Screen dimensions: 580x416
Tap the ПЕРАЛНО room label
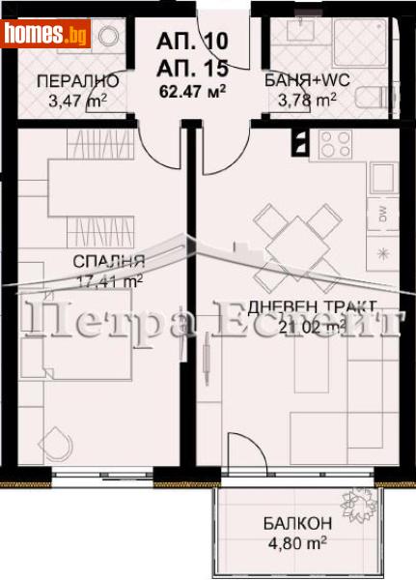click(77, 81)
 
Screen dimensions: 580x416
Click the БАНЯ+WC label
click(301, 81)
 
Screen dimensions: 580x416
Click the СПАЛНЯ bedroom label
click(107, 261)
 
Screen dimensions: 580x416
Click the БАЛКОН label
click(297, 523)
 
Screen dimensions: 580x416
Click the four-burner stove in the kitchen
click(336, 144)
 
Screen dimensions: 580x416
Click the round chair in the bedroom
click(59, 444)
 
